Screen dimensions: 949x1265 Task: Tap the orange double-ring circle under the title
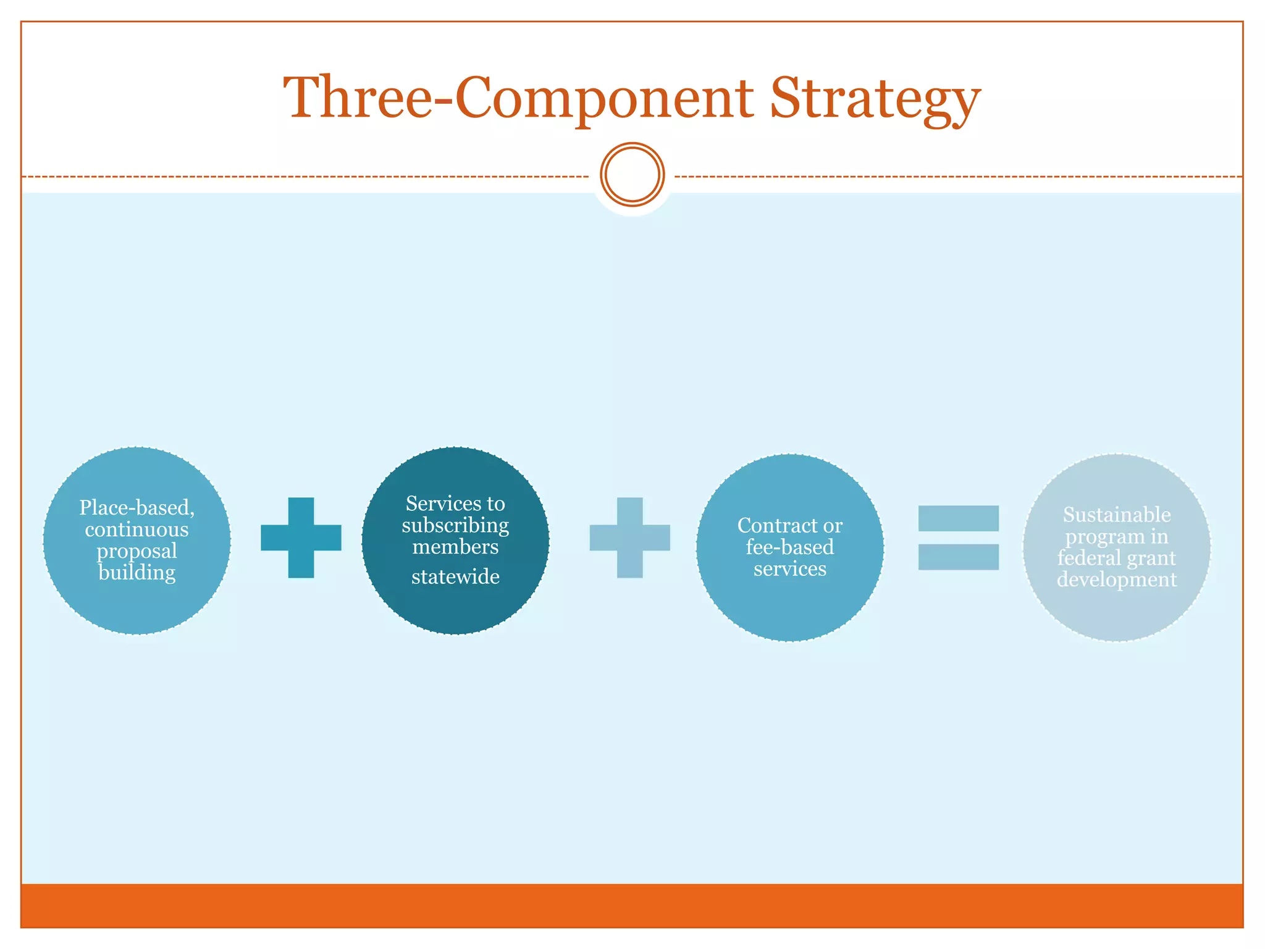(x=632, y=175)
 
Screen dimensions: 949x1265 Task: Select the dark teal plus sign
(x=301, y=538)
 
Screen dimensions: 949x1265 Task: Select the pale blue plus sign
(x=629, y=538)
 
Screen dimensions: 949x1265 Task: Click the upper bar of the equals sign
(x=958, y=518)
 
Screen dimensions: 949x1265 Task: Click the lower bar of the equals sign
(x=958, y=557)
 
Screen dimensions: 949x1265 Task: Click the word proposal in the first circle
(x=137, y=551)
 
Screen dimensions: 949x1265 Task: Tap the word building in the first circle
(x=137, y=573)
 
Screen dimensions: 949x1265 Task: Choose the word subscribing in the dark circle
(x=455, y=526)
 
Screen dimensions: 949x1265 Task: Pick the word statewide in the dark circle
(x=455, y=576)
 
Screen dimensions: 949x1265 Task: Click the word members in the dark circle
(x=455, y=547)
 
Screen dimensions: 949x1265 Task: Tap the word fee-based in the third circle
(x=789, y=547)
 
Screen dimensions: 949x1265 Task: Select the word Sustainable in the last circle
(x=1117, y=515)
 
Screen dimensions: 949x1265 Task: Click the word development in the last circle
(x=1117, y=580)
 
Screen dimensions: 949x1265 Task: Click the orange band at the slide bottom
(x=632, y=905)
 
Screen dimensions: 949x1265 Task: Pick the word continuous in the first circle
(x=137, y=529)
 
